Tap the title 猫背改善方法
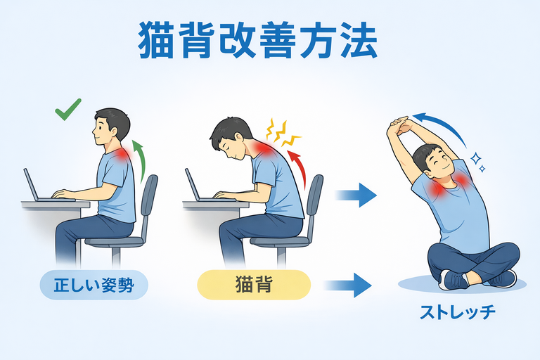click(x=257, y=41)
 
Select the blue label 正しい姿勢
click(x=94, y=285)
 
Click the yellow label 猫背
click(x=254, y=285)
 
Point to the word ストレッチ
click(x=458, y=312)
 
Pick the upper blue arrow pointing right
click(x=356, y=195)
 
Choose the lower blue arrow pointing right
click(x=348, y=285)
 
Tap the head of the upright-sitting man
click(x=111, y=127)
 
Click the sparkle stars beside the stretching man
click(x=478, y=162)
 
